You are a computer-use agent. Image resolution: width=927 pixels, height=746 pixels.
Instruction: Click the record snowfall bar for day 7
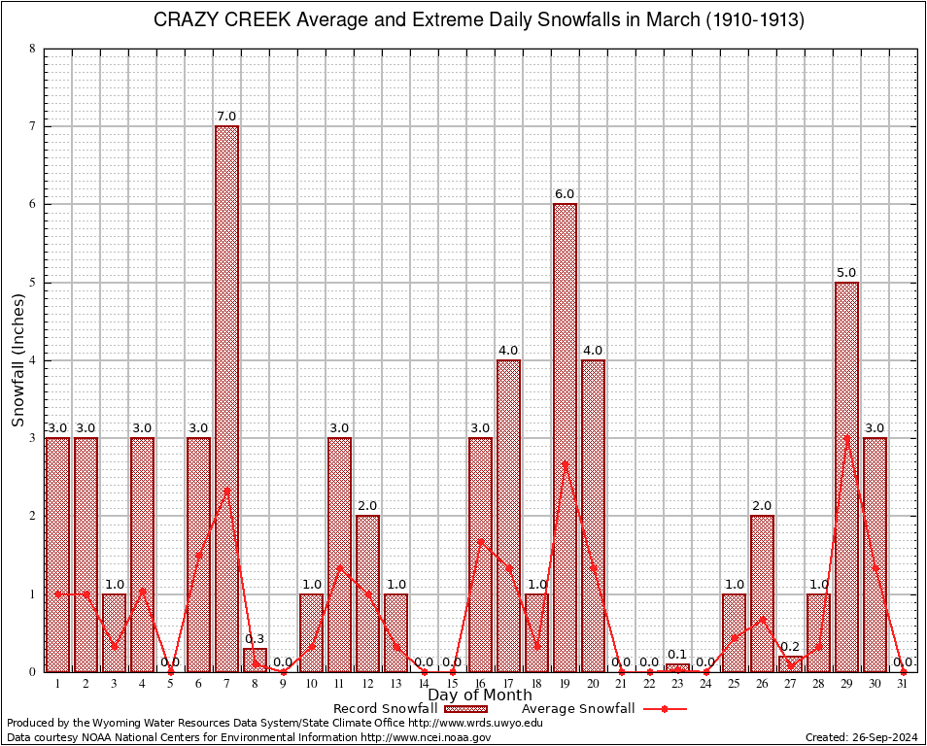click(226, 398)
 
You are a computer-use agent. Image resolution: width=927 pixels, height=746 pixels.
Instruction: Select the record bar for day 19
click(565, 437)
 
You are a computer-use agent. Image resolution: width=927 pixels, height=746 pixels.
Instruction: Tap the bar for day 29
click(846, 476)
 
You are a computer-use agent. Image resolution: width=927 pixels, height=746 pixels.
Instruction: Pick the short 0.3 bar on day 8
click(255, 660)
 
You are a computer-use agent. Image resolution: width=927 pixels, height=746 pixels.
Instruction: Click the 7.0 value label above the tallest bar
click(226, 118)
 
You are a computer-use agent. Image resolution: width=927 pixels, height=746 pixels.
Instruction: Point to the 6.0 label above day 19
click(565, 195)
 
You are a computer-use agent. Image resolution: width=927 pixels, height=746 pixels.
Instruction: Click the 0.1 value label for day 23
click(677, 655)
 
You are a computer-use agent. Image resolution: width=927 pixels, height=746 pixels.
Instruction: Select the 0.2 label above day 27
click(790, 647)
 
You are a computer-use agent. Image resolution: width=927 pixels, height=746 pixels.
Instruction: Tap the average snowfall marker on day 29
click(846, 438)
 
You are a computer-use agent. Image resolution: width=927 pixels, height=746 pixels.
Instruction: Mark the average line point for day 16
click(480, 541)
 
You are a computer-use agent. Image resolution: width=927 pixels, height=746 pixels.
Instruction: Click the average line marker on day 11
click(339, 567)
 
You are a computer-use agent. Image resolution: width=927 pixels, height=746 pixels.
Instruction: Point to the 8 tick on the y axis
click(33, 49)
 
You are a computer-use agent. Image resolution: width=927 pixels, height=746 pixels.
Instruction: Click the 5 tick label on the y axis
click(33, 283)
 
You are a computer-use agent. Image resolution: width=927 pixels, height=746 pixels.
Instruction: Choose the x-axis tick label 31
click(903, 684)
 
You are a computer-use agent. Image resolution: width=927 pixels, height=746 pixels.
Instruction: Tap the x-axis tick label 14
click(424, 684)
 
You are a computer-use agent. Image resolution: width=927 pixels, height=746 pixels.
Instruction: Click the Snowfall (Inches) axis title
click(18, 359)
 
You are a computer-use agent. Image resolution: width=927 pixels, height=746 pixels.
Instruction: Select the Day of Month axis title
click(480, 695)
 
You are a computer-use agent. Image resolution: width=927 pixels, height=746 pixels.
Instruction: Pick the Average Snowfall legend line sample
click(664, 709)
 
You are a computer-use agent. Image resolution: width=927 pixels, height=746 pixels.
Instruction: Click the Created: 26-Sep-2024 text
click(861, 737)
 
